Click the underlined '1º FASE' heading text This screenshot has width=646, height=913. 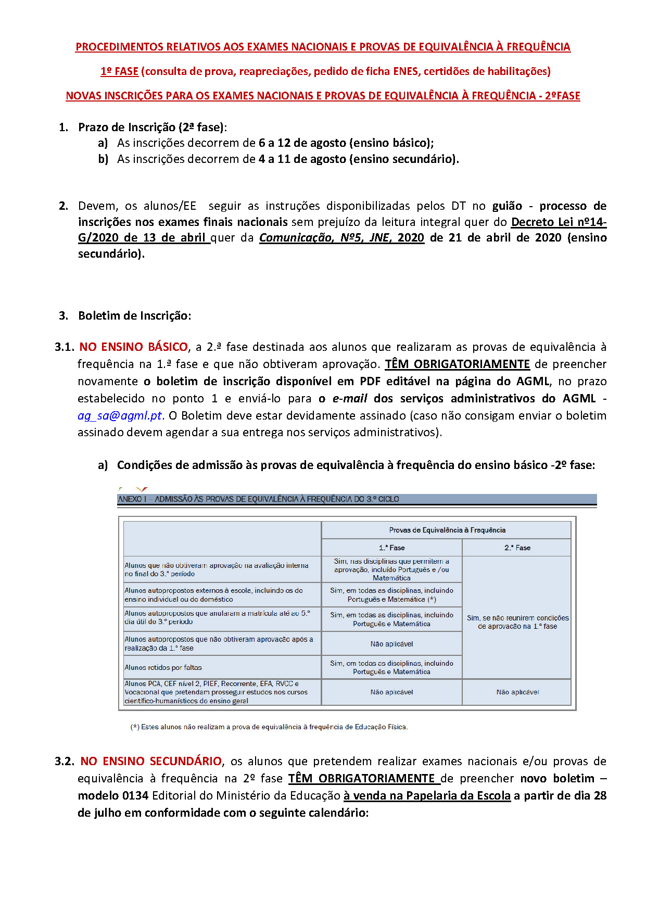[119, 71]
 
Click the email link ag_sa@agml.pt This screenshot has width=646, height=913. [120, 415]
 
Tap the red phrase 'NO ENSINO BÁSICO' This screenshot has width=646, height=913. [134, 347]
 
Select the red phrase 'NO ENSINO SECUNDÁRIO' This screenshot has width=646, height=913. [151, 761]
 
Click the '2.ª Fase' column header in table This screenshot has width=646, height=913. [517, 548]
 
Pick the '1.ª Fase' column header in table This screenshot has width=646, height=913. [391, 548]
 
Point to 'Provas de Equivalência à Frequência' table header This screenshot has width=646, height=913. [447, 530]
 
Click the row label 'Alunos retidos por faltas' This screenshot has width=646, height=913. [163, 667]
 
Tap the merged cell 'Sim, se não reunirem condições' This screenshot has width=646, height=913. [517, 618]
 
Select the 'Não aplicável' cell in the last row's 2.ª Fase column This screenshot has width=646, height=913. [517, 692]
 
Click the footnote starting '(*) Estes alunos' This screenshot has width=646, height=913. [269, 727]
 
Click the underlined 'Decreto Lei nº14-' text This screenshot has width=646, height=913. [559, 222]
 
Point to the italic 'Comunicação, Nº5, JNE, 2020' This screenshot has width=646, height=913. [341, 238]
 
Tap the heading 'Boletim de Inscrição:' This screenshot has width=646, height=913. [134, 315]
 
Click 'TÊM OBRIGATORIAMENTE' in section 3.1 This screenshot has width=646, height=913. [457, 364]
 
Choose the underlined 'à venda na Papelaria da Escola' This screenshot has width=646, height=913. [427, 795]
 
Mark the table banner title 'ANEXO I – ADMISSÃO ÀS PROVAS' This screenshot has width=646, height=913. [259, 499]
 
